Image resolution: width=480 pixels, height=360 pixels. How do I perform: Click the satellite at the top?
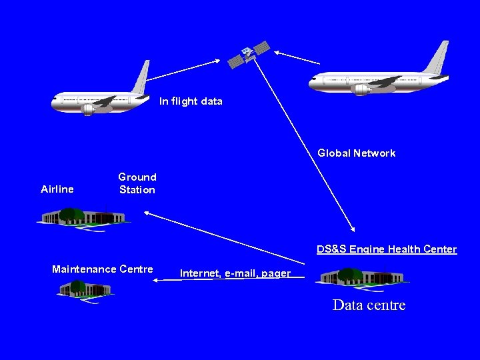pos(249,54)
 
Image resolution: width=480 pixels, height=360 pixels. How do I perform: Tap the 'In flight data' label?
pos(191,101)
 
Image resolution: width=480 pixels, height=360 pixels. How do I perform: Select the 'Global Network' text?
pos(356,153)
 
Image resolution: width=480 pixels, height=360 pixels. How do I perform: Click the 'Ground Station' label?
pos(137,183)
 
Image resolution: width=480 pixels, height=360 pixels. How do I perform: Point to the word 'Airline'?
pos(57,189)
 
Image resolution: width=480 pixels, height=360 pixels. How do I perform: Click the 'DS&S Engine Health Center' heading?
pos(387,249)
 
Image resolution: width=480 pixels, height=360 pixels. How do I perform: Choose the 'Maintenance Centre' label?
pos(103,269)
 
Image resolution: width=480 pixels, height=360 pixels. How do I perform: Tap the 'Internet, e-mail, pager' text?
pos(235,273)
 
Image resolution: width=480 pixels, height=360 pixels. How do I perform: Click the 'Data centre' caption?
pos(369,305)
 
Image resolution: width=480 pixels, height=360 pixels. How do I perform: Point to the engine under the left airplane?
pos(87,110)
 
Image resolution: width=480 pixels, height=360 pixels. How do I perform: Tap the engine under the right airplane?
pos(362,89)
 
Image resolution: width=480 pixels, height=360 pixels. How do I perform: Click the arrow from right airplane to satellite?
pos(297,58)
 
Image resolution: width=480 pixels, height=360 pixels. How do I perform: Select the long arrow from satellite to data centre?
pos(307,147)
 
